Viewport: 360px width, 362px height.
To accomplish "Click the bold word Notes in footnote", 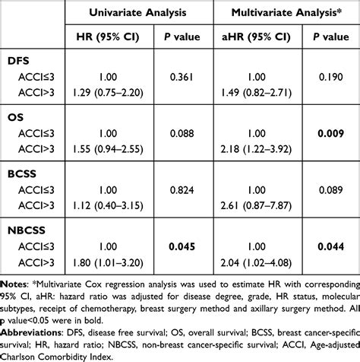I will coord(15,280).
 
